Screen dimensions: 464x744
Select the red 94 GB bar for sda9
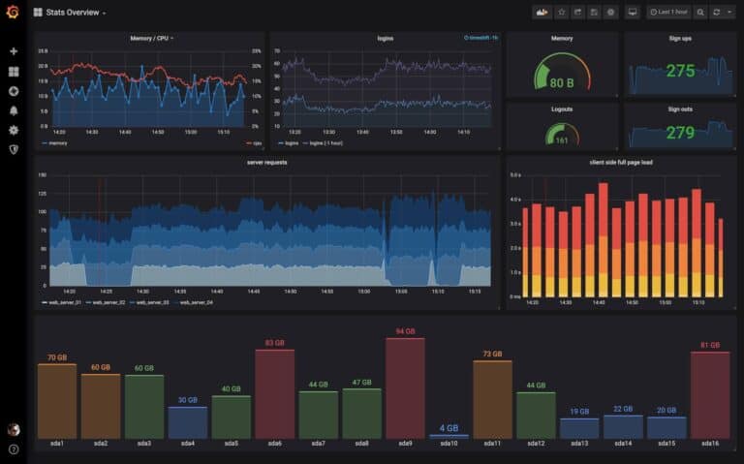point(405,388)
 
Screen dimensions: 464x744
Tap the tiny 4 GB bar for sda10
point(449,437)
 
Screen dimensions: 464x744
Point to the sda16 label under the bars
point(709,444)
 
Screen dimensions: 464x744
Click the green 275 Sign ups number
point(680,71)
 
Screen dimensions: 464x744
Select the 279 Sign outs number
point(680,133)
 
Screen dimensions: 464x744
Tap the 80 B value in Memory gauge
point(562,83)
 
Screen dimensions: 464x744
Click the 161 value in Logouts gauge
point(562,140)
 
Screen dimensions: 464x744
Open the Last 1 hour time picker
point(669,13)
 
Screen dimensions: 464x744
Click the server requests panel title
point(266,163)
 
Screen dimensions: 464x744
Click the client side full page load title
point(620,163)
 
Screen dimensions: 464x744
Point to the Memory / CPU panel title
point(150,39)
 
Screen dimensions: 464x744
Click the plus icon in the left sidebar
point(14,51)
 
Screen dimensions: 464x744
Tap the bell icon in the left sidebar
point(14,110)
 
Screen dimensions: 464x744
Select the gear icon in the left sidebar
point(14,130)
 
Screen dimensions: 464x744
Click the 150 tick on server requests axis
point(42,175)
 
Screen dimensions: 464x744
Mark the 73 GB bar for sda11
point(492,399)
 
